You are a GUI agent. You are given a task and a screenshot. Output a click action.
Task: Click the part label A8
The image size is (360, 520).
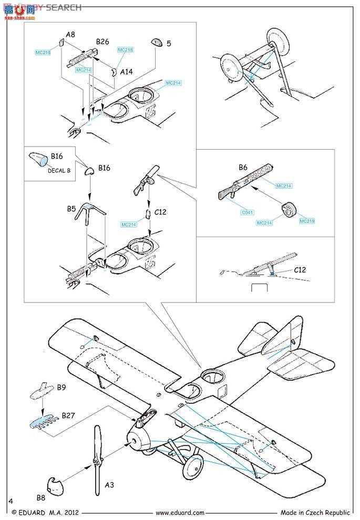70,35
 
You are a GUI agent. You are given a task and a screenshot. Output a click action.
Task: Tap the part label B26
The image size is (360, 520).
102,41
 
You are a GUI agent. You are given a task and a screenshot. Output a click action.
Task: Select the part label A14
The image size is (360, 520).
127,73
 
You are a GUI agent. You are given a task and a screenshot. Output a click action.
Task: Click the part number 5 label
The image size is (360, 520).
169,44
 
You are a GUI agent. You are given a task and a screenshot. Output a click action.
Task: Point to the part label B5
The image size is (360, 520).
71,209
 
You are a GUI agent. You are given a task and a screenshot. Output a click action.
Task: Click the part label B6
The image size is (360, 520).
243,168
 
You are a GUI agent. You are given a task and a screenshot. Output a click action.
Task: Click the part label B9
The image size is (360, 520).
61,388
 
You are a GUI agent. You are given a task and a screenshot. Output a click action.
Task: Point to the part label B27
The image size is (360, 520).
67,415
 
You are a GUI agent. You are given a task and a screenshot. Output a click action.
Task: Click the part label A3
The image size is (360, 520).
109,485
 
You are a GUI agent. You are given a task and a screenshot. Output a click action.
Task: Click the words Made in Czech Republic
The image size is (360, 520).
315,513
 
